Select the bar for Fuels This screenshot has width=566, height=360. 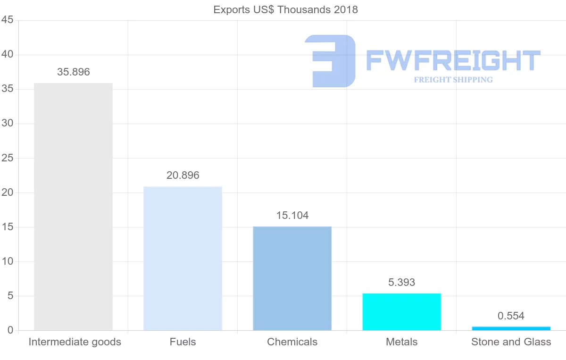(183, 259)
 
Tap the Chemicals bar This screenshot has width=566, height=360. (292, 278)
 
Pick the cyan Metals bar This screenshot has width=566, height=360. (401, 312)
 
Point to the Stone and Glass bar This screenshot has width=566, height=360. (511, 328)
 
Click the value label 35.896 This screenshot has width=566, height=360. (74, 72)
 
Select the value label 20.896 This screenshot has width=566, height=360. (183, 176)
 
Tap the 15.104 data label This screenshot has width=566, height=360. (292, 216)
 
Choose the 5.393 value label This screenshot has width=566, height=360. (402, 283)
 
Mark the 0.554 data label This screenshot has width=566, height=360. (511, 316)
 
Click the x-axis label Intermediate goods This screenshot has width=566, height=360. (75, 342)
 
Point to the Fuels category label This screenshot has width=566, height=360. (183, 342)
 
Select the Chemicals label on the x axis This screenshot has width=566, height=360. (292, 342)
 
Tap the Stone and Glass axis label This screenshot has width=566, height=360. (511, 342)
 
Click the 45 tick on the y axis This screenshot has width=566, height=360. (7, 20)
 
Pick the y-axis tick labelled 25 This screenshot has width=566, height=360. (7, 158)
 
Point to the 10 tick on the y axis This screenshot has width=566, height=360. (7, 261)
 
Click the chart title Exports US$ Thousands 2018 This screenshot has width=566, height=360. (286, 9)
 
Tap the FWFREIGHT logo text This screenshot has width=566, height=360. (453, 60)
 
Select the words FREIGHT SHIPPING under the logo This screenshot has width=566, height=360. (453, 80)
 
